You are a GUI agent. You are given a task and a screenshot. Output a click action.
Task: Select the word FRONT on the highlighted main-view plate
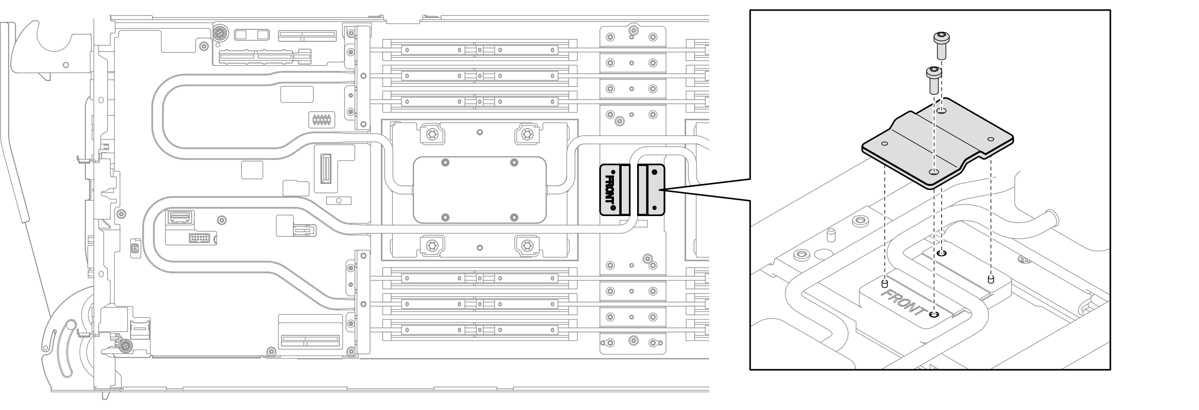click(609, 190)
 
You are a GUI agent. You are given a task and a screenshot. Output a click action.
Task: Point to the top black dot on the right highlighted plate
click(654, 172)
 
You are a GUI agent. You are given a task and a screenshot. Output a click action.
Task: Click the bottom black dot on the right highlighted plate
click(654, 208)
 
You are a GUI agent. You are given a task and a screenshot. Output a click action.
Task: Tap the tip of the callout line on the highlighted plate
click(664, 190)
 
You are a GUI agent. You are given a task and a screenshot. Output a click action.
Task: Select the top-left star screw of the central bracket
click(431, 134)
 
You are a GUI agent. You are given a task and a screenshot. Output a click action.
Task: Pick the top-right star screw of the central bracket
click(527, 134)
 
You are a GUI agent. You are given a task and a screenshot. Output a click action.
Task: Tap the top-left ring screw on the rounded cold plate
click(445, 163)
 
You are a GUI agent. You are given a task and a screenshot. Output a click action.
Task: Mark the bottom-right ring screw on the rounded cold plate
click(514, 217)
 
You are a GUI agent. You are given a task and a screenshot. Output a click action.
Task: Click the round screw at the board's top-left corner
click(220, 34)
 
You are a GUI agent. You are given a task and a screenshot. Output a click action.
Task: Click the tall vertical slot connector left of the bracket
click(325, 169)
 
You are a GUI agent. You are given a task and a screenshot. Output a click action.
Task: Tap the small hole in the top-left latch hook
click(66, 64)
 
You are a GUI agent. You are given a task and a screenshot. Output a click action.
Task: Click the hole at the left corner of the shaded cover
click(884, 143)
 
